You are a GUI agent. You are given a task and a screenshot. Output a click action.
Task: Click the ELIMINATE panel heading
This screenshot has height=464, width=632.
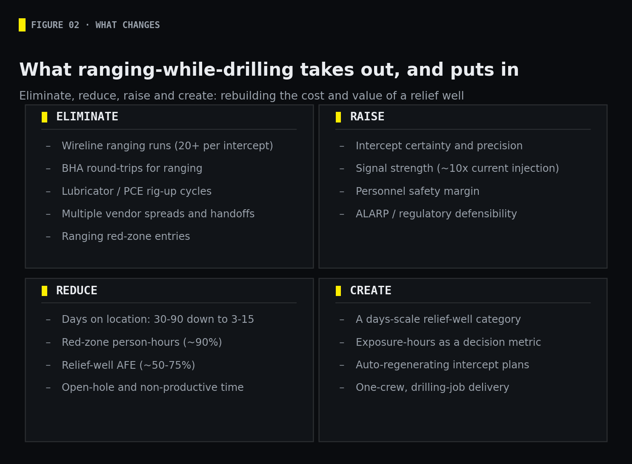(87, 117)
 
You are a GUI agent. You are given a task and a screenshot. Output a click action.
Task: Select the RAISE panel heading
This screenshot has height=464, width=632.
(367, 117)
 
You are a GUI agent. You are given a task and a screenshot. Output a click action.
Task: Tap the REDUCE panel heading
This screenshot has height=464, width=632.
(77, 290)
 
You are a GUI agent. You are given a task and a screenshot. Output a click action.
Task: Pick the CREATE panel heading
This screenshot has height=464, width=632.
(371, 290)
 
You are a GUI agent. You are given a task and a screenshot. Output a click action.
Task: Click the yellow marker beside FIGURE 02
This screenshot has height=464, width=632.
(22, 25)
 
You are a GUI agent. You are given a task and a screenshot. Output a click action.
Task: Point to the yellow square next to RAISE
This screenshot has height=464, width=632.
(338, 117)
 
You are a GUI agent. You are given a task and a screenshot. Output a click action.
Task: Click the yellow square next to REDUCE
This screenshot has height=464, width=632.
(44, 290)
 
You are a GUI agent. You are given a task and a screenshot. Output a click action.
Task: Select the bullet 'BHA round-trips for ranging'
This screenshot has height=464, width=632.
(132, 168)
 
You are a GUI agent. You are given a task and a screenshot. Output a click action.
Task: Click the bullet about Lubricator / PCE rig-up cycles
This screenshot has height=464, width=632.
(137, 191)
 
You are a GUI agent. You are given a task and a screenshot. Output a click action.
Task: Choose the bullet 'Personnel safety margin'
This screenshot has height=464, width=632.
(418, 191)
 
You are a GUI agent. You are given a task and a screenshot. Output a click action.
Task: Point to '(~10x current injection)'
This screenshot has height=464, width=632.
(498, 168)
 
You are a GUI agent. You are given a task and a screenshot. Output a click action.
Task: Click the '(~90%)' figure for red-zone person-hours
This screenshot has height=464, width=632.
(203, 342)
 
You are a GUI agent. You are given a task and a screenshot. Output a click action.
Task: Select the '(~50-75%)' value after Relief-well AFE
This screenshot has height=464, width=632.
(167, 365)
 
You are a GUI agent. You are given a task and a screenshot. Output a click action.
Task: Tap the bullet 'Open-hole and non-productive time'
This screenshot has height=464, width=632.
(153, 387)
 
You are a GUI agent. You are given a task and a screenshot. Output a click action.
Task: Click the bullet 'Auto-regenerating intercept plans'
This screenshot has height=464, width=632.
(443, 365)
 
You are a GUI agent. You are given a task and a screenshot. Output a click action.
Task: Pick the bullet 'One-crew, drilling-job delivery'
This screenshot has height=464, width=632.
(432, 387)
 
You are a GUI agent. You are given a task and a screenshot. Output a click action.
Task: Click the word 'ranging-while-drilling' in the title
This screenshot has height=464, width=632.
(186, 70)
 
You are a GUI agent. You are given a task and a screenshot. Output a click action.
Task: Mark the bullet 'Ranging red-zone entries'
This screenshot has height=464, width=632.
(126, 236)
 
